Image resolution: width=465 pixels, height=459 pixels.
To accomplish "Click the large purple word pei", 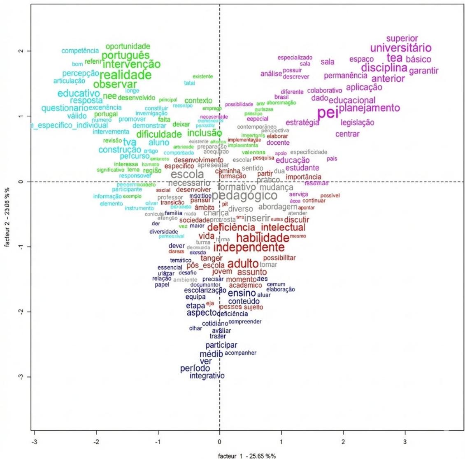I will point(328,113).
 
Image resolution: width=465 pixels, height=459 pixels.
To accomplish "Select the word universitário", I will point(401,48).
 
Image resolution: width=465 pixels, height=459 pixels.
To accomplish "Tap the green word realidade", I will point(126,75).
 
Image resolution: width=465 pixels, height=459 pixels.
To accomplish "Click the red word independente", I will point(249,247).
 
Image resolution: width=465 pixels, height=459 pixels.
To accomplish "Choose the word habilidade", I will point(263,238).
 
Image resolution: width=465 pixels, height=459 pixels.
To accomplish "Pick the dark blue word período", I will point(195,369).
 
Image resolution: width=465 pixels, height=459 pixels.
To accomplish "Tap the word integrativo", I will point(207,376).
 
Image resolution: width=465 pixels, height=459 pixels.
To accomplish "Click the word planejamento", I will point(369,108).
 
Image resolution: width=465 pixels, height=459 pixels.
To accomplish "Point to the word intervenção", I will point(131,64).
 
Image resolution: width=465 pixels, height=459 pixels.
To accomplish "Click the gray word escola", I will point(187,174).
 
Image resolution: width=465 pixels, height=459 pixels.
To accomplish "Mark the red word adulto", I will point(243,263).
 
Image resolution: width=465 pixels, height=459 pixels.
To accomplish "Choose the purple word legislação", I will point(358,122).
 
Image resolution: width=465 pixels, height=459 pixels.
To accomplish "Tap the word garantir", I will point(424,71).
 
